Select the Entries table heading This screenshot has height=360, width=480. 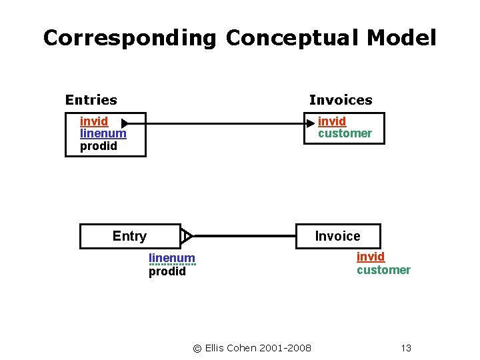[91, 100]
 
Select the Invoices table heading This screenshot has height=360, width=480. [341, 100]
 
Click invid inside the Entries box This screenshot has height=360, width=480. [94, 121]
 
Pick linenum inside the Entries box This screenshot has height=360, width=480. [103, 133]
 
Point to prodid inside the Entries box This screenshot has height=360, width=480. [98, 146]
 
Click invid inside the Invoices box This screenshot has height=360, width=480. [331, 121]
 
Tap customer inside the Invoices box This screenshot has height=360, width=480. [345, 133]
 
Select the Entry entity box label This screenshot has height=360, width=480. [129, 236]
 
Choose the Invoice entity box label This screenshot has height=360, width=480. [337, 236]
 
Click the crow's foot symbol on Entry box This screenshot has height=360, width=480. [187, 236]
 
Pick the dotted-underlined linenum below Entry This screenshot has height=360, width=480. [172, 258]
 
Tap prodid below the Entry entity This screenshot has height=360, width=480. [167, 271]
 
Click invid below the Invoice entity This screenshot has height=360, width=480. [370, 257]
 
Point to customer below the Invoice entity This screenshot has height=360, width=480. [383, 270]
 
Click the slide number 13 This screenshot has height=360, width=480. [406, 348]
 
